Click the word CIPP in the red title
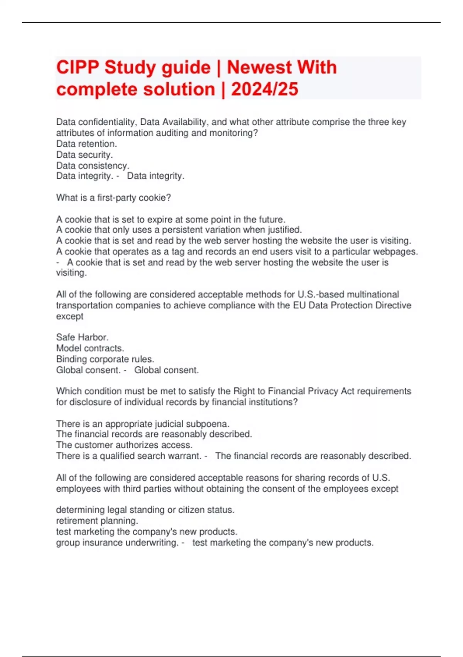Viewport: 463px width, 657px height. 78,68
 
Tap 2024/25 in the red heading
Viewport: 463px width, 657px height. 265,89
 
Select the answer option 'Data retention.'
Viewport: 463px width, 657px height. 86,144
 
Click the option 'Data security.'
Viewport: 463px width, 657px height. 84,155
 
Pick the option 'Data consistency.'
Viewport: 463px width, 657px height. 93,165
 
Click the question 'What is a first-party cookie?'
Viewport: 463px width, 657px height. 113,198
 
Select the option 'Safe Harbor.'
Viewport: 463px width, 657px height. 82,337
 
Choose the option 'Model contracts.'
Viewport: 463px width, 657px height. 90,348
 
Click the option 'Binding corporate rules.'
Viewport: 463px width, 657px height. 105,359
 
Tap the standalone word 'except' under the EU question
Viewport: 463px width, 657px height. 69,316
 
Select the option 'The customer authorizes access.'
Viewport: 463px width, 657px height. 124,445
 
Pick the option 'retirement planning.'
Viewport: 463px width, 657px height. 97,521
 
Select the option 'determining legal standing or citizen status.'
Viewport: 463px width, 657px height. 145,510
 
